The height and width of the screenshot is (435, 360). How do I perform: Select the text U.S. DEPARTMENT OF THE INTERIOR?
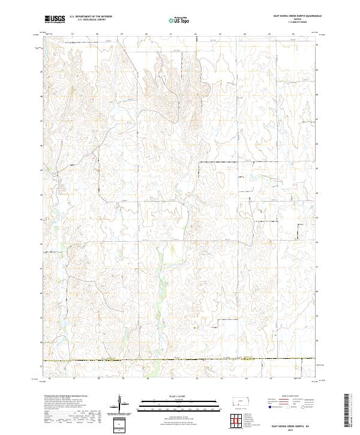pos(91,17)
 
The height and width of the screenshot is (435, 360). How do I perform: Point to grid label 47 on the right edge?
pos(317,120)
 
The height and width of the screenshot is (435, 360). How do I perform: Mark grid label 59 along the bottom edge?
pos(122,379)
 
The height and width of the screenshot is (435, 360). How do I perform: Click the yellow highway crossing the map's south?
pos(180,360)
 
